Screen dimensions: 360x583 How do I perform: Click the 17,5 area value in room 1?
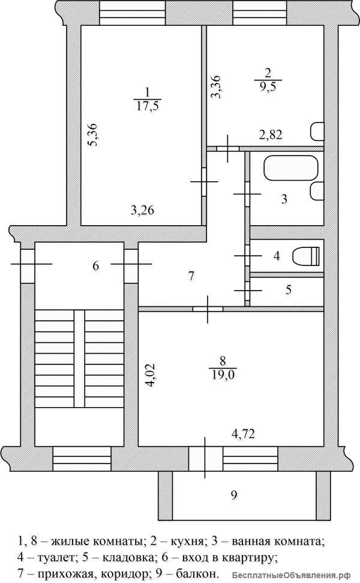coord(147,106)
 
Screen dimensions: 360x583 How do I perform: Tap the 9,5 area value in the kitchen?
coord(268,87)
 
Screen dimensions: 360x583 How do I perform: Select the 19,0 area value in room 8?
coord(223,375)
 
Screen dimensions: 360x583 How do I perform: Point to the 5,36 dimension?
coord(92,134)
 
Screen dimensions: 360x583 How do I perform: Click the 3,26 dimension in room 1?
coord(142,211)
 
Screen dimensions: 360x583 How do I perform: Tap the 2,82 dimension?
coord(271,134)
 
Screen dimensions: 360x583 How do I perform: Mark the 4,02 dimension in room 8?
coord(151,375)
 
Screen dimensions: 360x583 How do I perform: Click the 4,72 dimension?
coord(244,433)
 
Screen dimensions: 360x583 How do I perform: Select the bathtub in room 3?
coord(291,168)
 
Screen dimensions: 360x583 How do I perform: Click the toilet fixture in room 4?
coord(306,256)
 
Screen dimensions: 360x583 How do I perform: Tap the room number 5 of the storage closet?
coord(289,289)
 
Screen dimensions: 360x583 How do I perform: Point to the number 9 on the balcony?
coord(234,495)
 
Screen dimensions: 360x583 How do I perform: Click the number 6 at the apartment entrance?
coord(96,266)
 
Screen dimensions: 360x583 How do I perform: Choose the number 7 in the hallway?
coord(191,276)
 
